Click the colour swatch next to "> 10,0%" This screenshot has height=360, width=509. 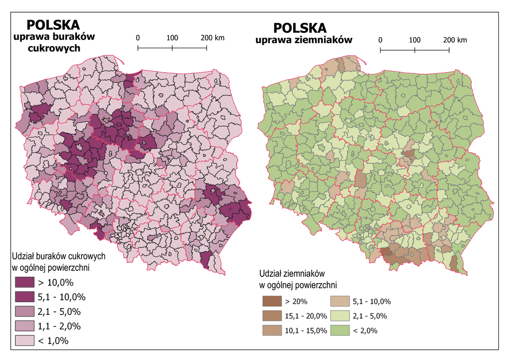[x=23, y=282]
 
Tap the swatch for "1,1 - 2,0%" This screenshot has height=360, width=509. [x=23, y=326]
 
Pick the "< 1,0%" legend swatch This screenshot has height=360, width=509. [x=23, y=340]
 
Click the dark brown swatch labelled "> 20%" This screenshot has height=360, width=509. [x=271, y=301]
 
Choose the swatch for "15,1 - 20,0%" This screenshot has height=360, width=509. [x=271, y=316]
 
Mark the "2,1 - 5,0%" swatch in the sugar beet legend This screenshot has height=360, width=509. [x=23, y=311]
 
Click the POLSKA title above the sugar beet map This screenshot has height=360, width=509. [x=54, y=24]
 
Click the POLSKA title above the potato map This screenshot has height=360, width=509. [x=300, y=28]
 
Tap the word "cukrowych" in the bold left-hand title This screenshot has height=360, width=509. [x=54, y=48]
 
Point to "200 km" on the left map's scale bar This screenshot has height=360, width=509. [x=213, y=38]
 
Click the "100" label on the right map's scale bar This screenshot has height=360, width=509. [x=415, y=40]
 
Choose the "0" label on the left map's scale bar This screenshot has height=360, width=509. [x=138, y=38]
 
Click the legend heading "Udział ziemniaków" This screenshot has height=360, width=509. [x=292, y=275]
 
